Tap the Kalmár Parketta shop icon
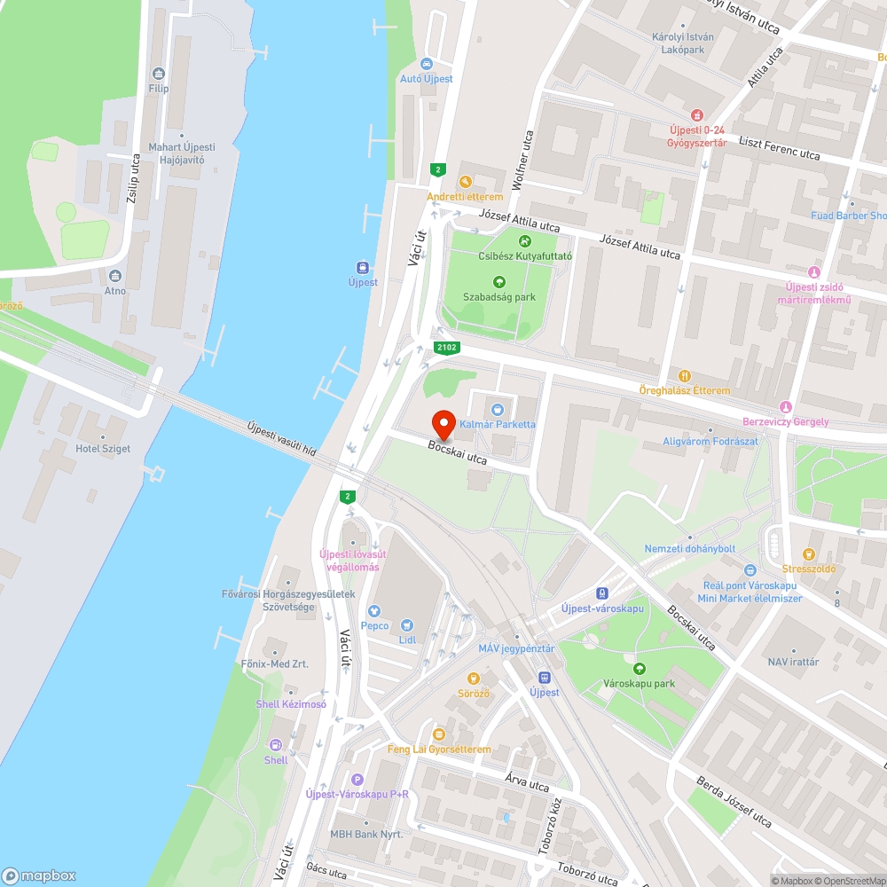pos(497,409)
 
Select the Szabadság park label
pos(499,297)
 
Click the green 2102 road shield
pos(446,348)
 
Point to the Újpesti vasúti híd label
pos(282,438)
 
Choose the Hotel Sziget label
pos(104,449)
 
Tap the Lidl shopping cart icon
pos(407,625)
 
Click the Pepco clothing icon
pos(374,611)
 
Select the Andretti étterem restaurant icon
pos(465,182)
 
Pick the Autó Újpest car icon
pos(427,64)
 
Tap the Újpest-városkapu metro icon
pos(602,593)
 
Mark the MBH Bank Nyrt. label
pos(366,835)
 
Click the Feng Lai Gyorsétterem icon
pos(438,734)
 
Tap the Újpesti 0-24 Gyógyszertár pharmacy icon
pos(697,115)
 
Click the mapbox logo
pos(39,875)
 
